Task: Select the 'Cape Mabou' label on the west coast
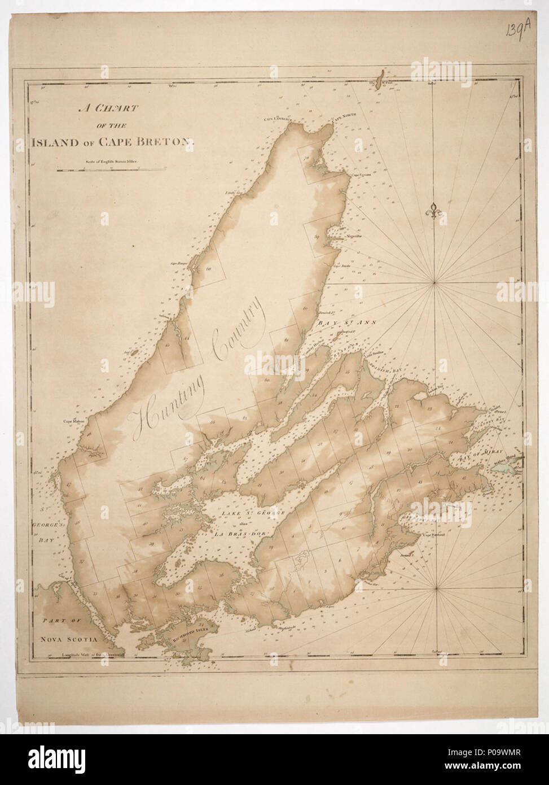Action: (73, 420)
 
